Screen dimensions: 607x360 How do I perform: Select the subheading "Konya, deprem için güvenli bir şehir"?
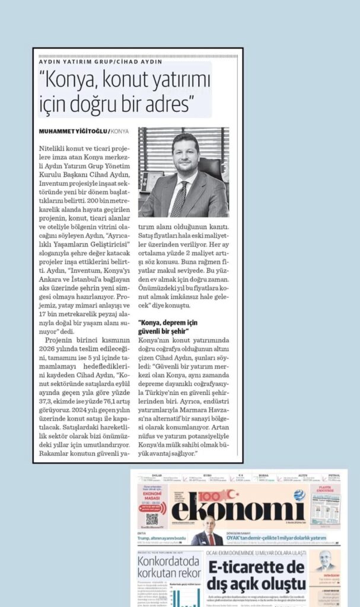[x=168, y=327]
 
